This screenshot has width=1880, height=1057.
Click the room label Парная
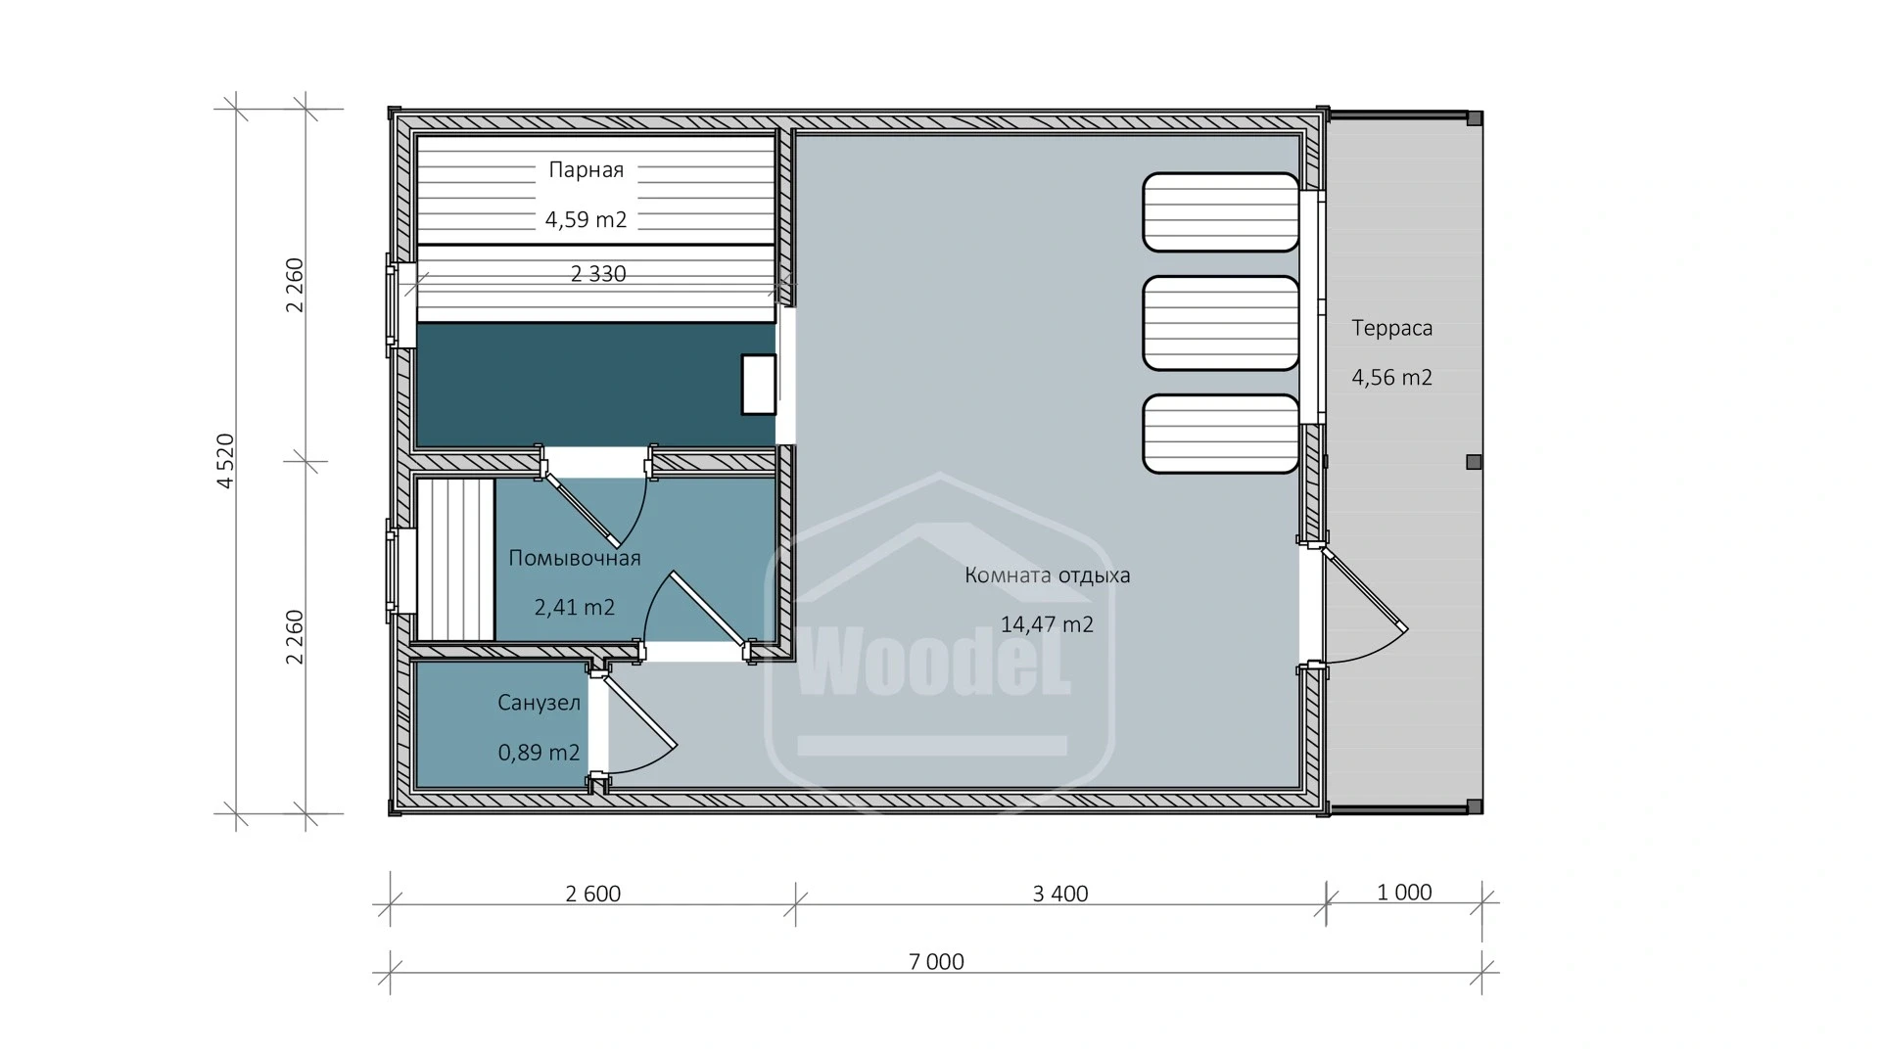click(x=586, y=170)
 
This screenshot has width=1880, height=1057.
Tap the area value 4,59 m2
click(x=586, y=220)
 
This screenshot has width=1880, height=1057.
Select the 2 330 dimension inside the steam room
click(x=597, y=275)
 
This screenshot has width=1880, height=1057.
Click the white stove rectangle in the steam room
click(x=758, y=385)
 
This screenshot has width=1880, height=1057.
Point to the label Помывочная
click(x=574, y=559)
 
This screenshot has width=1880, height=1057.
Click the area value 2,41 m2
click(x=574, y=608)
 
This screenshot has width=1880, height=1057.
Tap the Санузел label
click(x=539, y=703)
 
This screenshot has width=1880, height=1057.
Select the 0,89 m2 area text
click(x=539, y=753)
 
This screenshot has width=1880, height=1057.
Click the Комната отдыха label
click(x=1047, y=575)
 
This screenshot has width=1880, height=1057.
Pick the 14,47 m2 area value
click(x=1047, y=624)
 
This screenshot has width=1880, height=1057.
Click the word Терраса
click(x=1391, y=329)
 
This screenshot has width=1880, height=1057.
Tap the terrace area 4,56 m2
click(x=1391, y=378)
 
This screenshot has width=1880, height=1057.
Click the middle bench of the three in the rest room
click(x=1220, y=323)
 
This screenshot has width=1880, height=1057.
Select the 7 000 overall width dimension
click(x=936, y=962)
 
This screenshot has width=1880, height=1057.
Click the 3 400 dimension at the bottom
click(x=1059, y=894)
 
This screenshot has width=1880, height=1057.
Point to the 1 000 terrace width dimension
click(x=1403, y=893)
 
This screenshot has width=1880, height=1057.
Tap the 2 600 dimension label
click(x=592, y=894)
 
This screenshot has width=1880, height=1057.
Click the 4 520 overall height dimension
click(x=225, y=461)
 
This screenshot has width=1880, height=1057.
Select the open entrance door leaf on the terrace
click(x=1365, y=590)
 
